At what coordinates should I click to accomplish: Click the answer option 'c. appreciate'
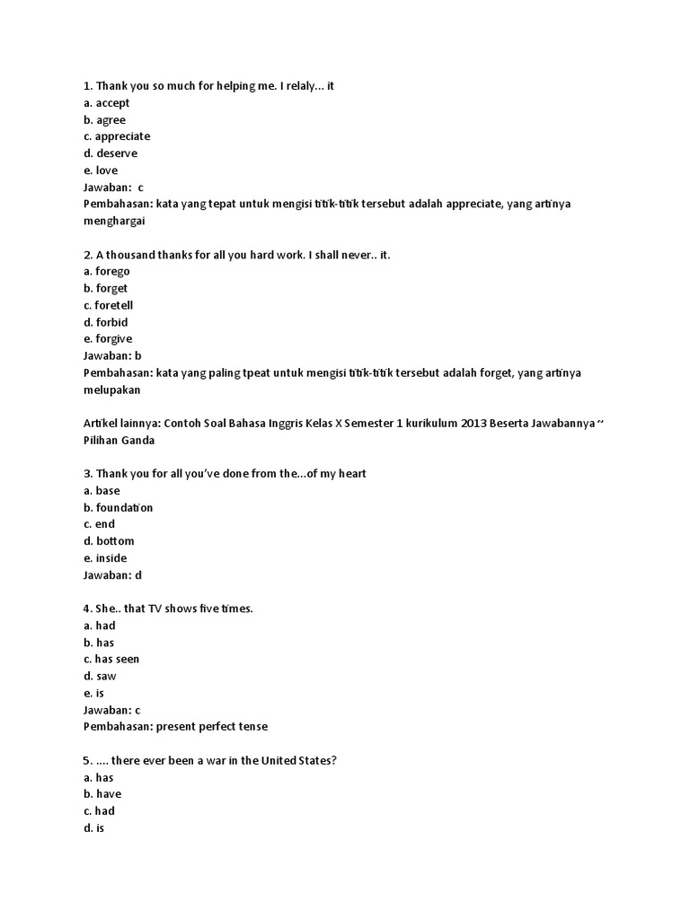coord(116,136)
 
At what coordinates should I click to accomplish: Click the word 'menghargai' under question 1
coord(113,221)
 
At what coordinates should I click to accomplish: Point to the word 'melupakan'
coord(111,389)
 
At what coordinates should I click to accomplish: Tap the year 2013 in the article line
coord(475,424)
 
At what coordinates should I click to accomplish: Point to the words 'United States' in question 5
coord(300,761)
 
